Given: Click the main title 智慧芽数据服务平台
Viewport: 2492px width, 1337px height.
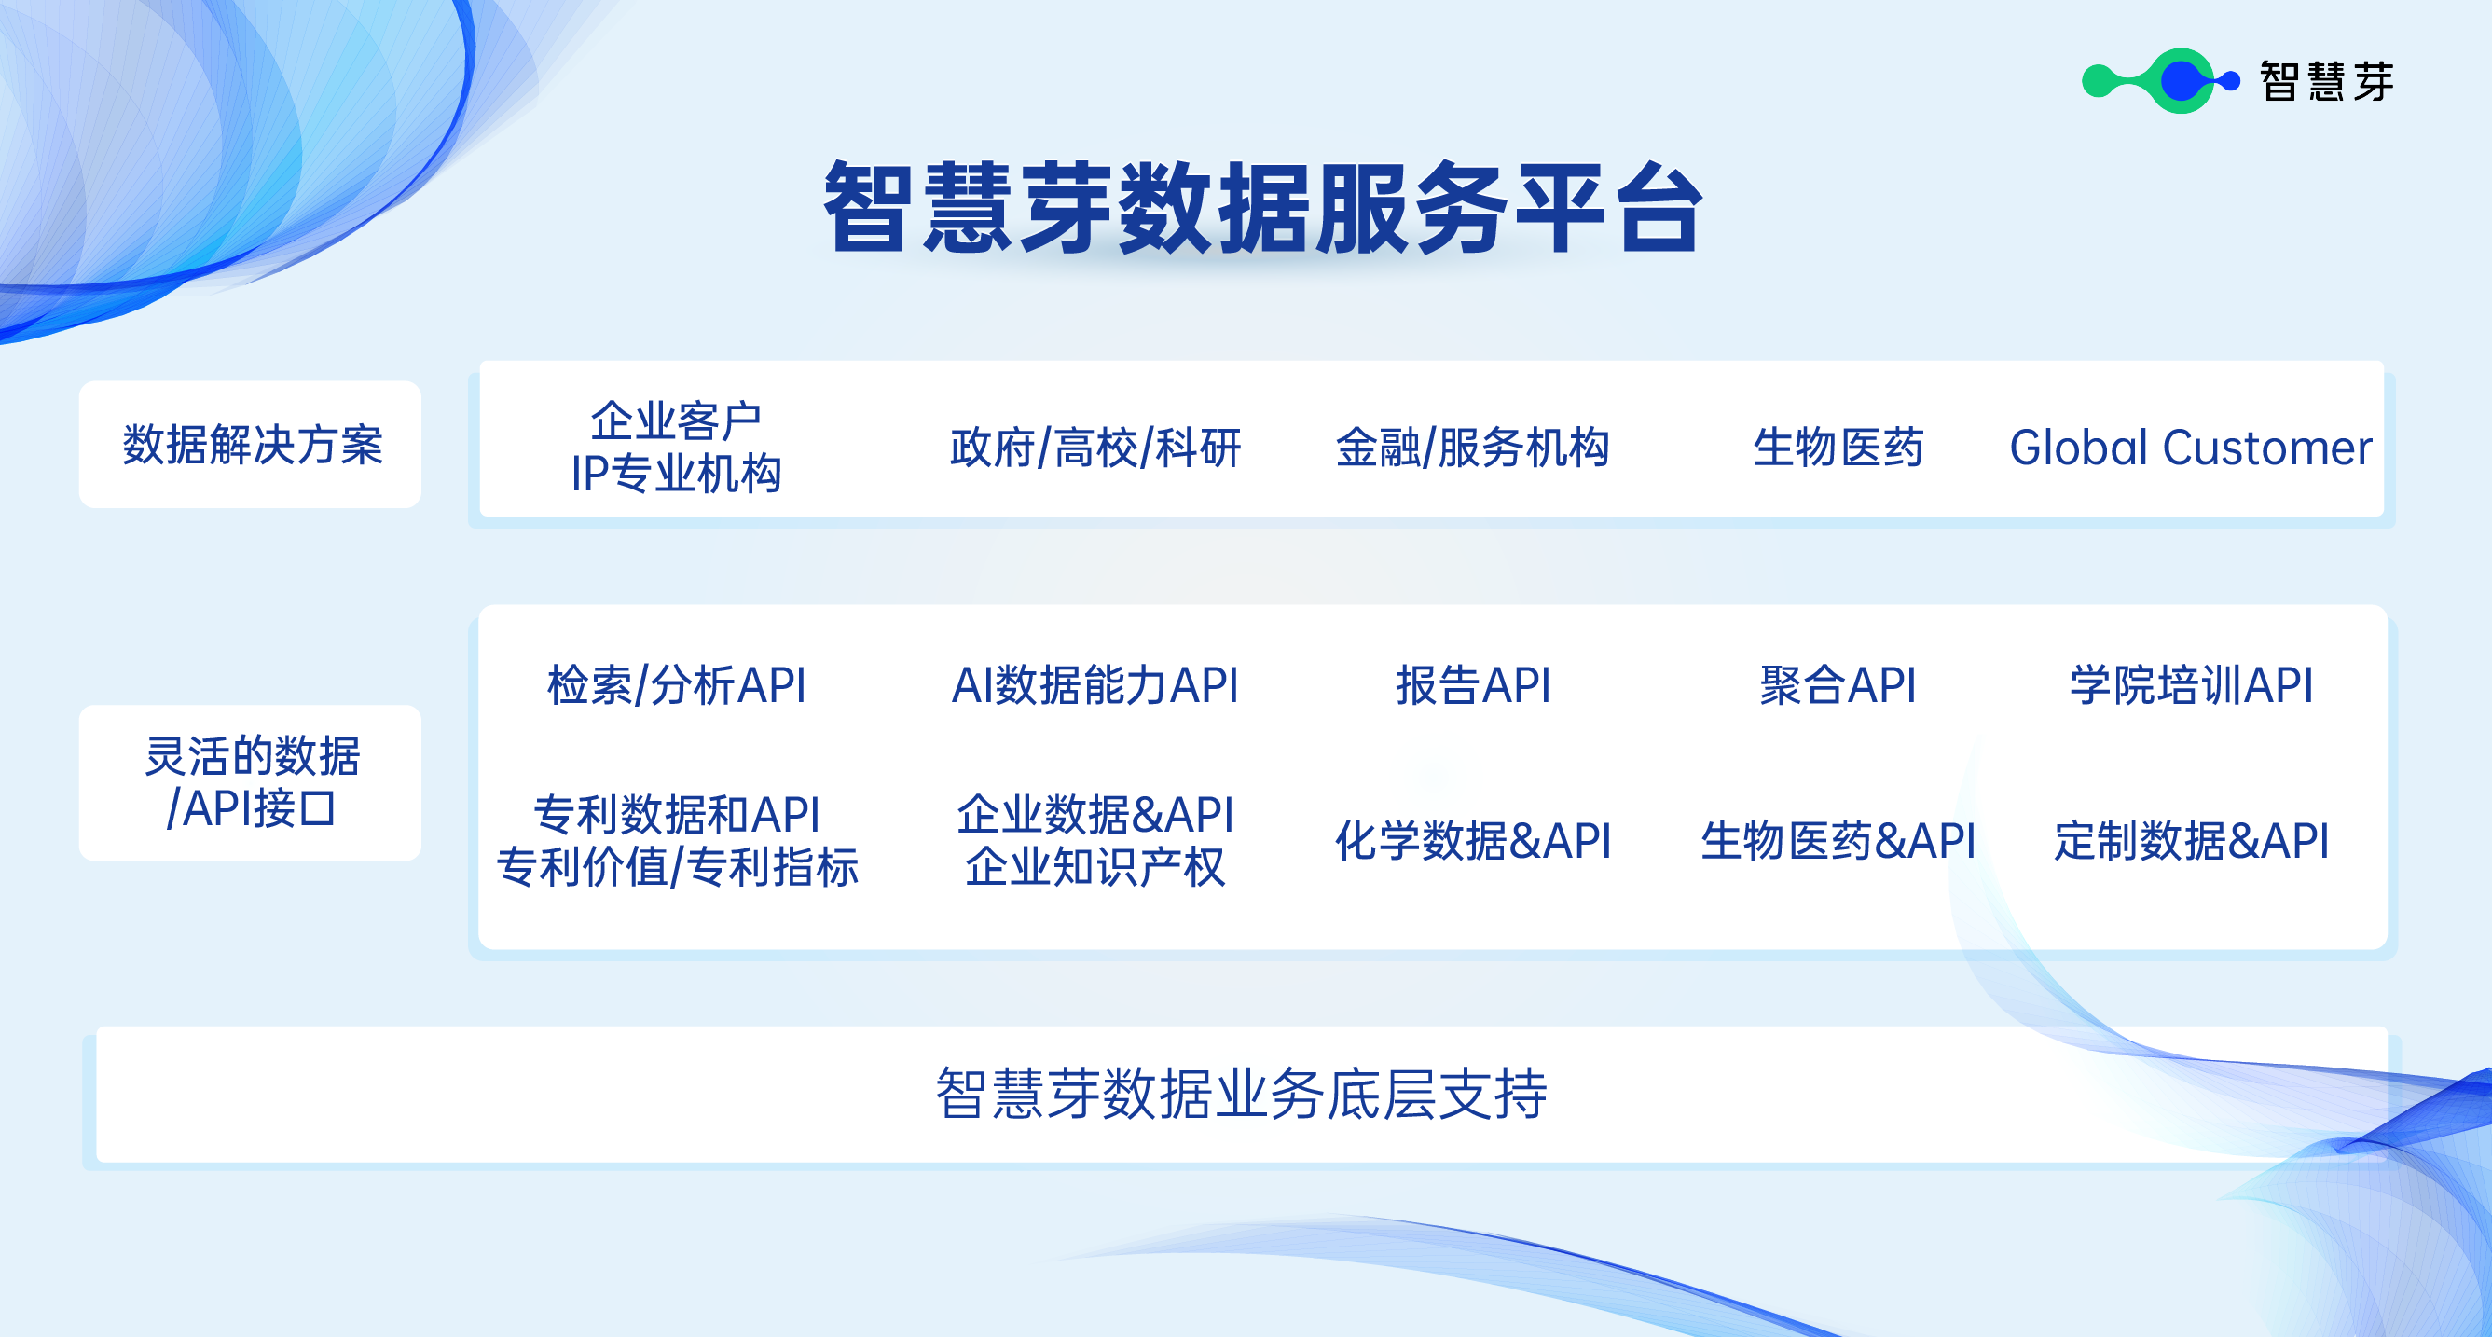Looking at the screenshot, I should (x=1261, y=209).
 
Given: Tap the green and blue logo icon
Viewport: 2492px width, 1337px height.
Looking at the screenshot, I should (x=2160, y=81).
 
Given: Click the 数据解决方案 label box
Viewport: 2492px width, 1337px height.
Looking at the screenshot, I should (x=251, y=445).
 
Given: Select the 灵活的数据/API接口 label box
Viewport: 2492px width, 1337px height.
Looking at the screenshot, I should (x=251, y=781).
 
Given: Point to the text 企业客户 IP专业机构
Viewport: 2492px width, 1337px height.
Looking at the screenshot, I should (x=676, y=447).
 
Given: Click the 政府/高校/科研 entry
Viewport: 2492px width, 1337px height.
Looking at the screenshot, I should (x=1095, y=448).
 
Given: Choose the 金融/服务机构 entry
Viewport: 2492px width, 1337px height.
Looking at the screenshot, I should (x=1472, y=448).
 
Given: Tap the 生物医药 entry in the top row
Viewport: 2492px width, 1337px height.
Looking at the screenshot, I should (x=1838, y=448).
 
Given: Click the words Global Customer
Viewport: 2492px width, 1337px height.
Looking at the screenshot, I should (x=2190, y=448).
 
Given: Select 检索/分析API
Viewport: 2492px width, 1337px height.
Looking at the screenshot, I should (x=676, y=685).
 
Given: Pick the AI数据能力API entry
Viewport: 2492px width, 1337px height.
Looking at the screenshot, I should (x=1095, y=685).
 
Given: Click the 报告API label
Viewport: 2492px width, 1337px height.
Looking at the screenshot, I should (x=1472, y=685).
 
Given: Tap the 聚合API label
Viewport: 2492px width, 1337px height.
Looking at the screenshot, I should (x=1838, y=685).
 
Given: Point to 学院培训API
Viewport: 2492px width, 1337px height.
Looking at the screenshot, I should (x=2190, y=685).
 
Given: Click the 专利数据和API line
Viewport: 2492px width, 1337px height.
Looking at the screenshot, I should (x=676, y=814).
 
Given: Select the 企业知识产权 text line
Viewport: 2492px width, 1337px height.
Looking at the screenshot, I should (x=1095, y=867).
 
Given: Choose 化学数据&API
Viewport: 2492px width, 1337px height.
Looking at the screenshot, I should (x=1472, y=840).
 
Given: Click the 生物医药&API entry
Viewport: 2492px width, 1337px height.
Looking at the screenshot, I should (x=1838, y=840).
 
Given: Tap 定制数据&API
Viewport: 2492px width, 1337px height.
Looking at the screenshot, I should (x=2190, y=840).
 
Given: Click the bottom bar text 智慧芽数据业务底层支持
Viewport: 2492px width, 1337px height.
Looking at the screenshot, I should (x=1241, y=1095).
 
